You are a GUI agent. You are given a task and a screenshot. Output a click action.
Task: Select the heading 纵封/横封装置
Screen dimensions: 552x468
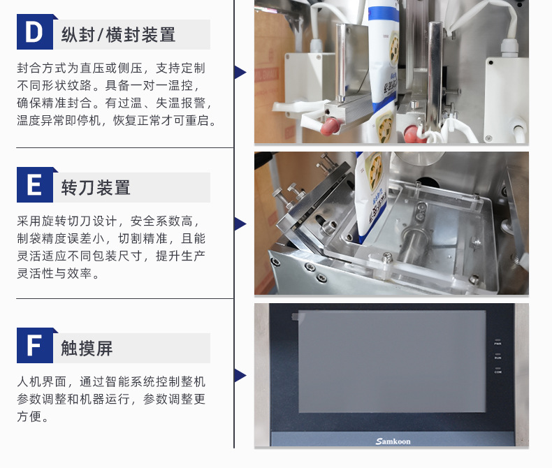(x=118, y=35)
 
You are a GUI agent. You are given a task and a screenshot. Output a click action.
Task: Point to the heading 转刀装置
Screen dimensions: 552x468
(x=96, y=188)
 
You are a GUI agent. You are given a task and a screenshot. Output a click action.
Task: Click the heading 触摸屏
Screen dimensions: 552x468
(x=87, y=349)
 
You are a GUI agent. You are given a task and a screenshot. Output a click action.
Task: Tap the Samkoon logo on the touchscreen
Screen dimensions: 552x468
(x=393, y=441)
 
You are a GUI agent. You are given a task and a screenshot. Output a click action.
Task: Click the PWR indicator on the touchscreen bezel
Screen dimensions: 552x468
(x=497, y=342)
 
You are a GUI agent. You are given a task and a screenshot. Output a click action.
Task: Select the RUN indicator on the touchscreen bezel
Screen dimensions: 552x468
(x=497, y=356)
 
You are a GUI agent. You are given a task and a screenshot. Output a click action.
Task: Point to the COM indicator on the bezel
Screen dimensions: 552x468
(x=497, y=370)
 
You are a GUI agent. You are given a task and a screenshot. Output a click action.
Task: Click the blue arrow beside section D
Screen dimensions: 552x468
(x=240, y=72)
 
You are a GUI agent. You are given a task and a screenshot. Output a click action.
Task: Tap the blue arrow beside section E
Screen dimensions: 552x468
(x=240, y=224)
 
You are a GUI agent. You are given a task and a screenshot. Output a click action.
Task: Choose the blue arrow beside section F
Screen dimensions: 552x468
(x=240, y=376)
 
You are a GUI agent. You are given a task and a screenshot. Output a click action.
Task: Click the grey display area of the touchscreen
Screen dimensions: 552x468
(x=392, y=361)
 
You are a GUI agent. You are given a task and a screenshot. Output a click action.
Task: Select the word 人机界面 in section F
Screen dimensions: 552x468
(x=42, y=381)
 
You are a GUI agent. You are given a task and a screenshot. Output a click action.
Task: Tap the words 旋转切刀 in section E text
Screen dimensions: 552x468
(x=67, y=221)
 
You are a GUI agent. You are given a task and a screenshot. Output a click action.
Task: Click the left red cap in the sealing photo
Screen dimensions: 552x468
(x=329, y=126)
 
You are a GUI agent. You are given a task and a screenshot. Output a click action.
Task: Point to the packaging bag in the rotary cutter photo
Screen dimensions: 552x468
(x=372, y=198)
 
